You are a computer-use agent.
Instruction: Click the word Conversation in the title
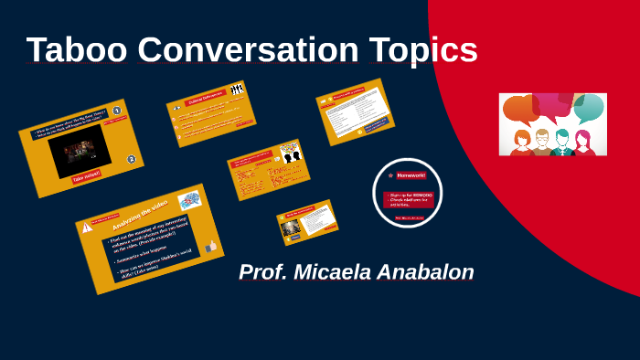(x=244, y=50)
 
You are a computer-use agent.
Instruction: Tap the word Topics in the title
(x=423, y=50)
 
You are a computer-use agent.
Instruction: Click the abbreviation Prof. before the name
(x=263, y=272)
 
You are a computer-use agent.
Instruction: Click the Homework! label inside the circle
(x=411, y=175)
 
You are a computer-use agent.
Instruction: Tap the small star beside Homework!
(x=390, y=175)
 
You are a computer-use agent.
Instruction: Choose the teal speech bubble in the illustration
(x=590, y=108)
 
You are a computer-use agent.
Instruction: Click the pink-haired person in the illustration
(x=582, y=142)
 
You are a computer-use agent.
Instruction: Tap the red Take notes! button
(x=88, y=175)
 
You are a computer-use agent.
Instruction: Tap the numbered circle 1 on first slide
(x=116, y=111)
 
